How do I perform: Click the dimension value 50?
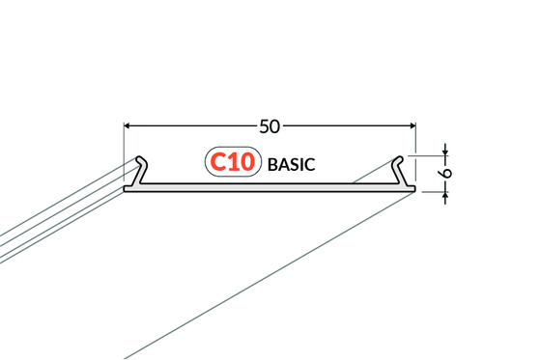tap(270, 126)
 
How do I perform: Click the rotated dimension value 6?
tap(446, 173)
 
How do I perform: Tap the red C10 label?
tap(232, 162)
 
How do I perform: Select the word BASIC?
tap(292, 164)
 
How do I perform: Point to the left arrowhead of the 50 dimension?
tap(127, 126)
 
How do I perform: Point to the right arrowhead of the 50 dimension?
tap(412, 126)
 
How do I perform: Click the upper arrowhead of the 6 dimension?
tap(445, 152)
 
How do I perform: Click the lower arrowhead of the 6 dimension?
tap(445, 196)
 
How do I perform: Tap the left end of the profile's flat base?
tap(125, 189)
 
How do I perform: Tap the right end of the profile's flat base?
tap(414, 189)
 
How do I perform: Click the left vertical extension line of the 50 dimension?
tap(124, 152)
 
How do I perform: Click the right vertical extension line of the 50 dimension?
tap(415, 152)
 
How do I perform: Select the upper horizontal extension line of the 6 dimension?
tap(428, 156)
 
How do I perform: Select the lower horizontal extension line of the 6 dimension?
tap(435, 192)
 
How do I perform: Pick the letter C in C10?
tap(217, 162)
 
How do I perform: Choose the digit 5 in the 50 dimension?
tap(265, 126)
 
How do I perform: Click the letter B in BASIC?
tap(272, 164)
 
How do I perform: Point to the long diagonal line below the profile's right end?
tap(269, 276)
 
